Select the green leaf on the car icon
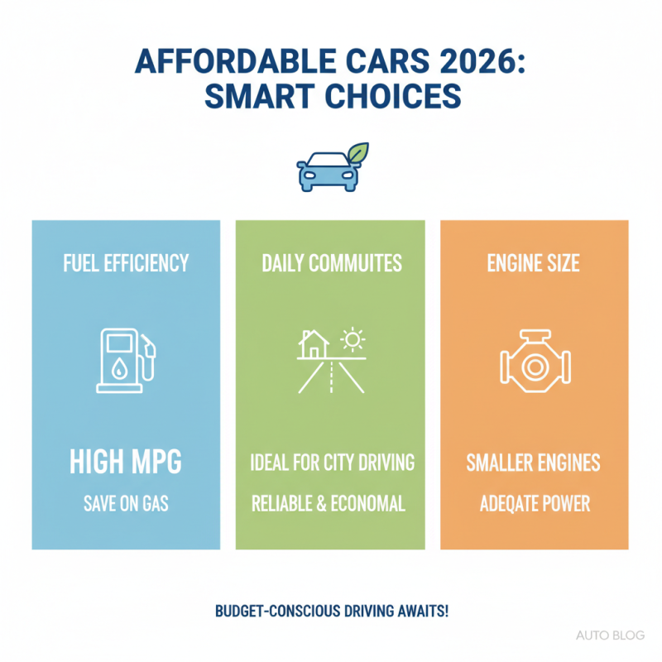(x=357, y=154)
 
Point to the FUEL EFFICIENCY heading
(x=126, y=264)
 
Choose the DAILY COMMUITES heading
(x=331, y=264)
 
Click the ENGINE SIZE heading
(x=534, y=264)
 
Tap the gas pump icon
(x=125, y=361)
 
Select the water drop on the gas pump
(x=120, y=370)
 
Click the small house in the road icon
(x=314, y=345)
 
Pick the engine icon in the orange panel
(x=533, y=362)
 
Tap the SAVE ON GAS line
(x=126, y=503)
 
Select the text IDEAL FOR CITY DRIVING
(x=331, y=463)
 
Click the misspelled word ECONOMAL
(x=369, y=503)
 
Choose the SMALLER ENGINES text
(x=534, y=463)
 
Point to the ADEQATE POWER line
(x=534, y=503)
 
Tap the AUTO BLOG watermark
(x=610, y=636)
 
